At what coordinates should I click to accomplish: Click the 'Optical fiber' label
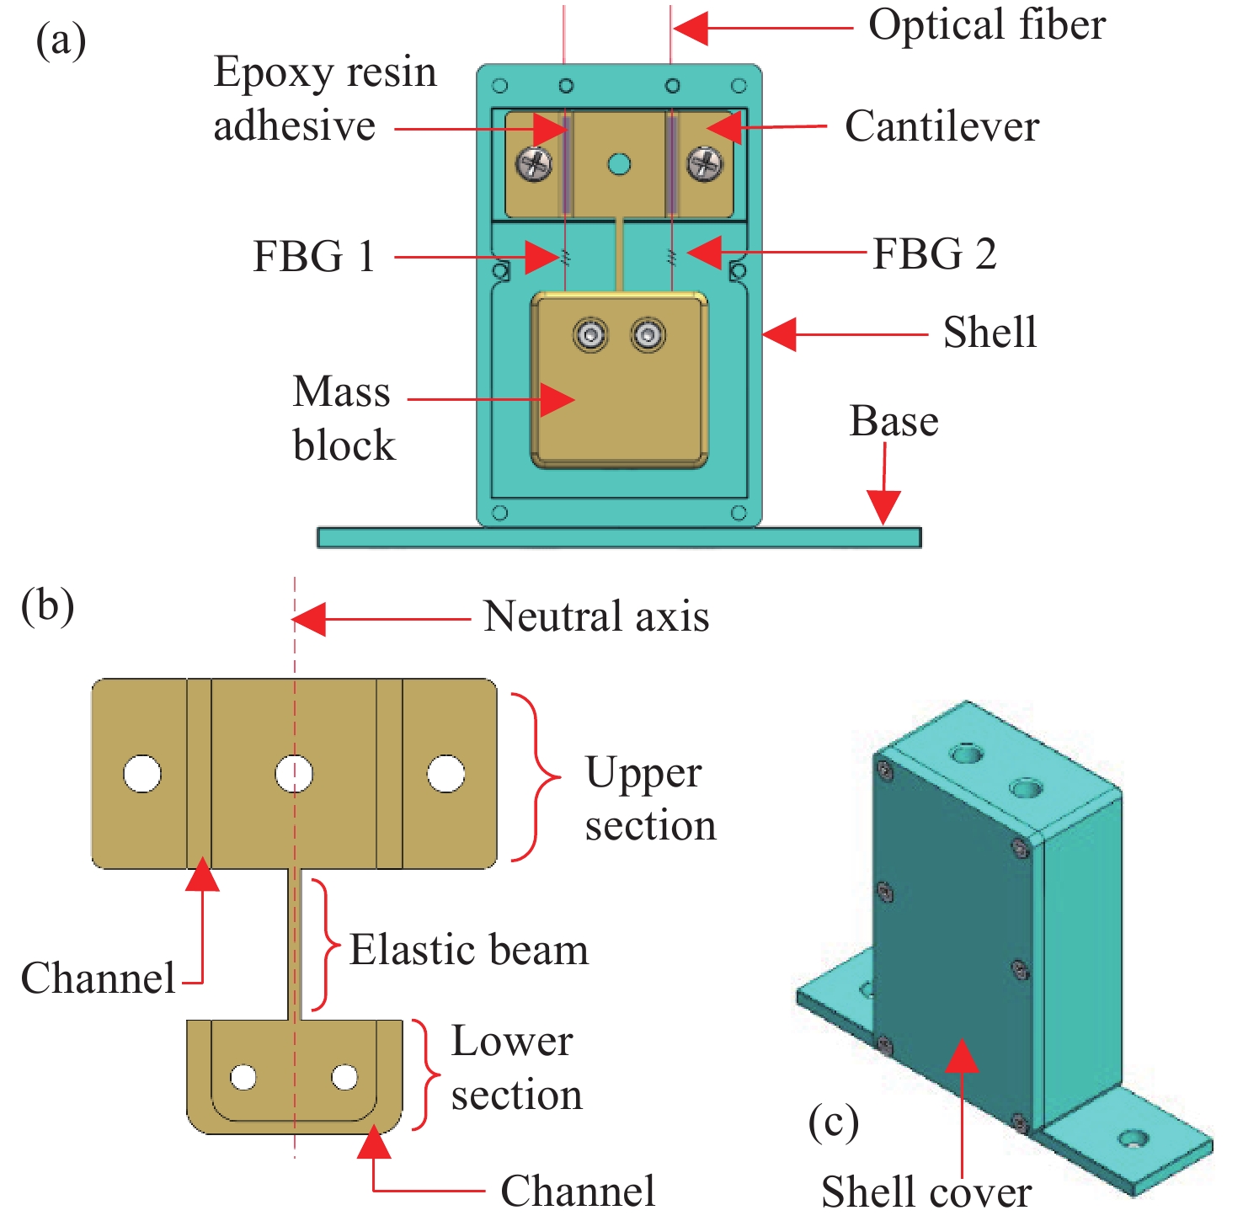(x=986, y=25)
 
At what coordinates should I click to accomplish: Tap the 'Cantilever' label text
(x=942, y=127)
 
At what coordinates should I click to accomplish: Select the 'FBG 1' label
(x=313, y=256)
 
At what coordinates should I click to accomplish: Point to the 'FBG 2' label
(x=934, y=254)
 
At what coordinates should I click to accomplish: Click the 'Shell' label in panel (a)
(x=990, y=333)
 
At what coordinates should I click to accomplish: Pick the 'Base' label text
(x=894, y=421)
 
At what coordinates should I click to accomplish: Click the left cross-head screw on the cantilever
(x=535, y=163)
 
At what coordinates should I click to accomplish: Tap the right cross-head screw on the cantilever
(x=704, y=163)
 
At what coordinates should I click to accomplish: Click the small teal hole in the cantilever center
(x=619, y=163)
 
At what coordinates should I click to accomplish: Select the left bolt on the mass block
(x=590, y=335)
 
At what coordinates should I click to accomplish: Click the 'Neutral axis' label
(x=596, y=616)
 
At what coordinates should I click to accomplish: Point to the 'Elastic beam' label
(x=469, y=950)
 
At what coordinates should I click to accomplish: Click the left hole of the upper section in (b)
(x=142, y=774)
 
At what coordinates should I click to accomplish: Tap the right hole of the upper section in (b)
(x=445, y=774)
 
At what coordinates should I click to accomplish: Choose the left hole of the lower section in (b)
(x=243, y=1076)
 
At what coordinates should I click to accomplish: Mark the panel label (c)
(x=833, y=1122)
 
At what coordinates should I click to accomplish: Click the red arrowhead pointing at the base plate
(x=884, y=508)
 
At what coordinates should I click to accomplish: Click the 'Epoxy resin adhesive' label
(x=325, y=99)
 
